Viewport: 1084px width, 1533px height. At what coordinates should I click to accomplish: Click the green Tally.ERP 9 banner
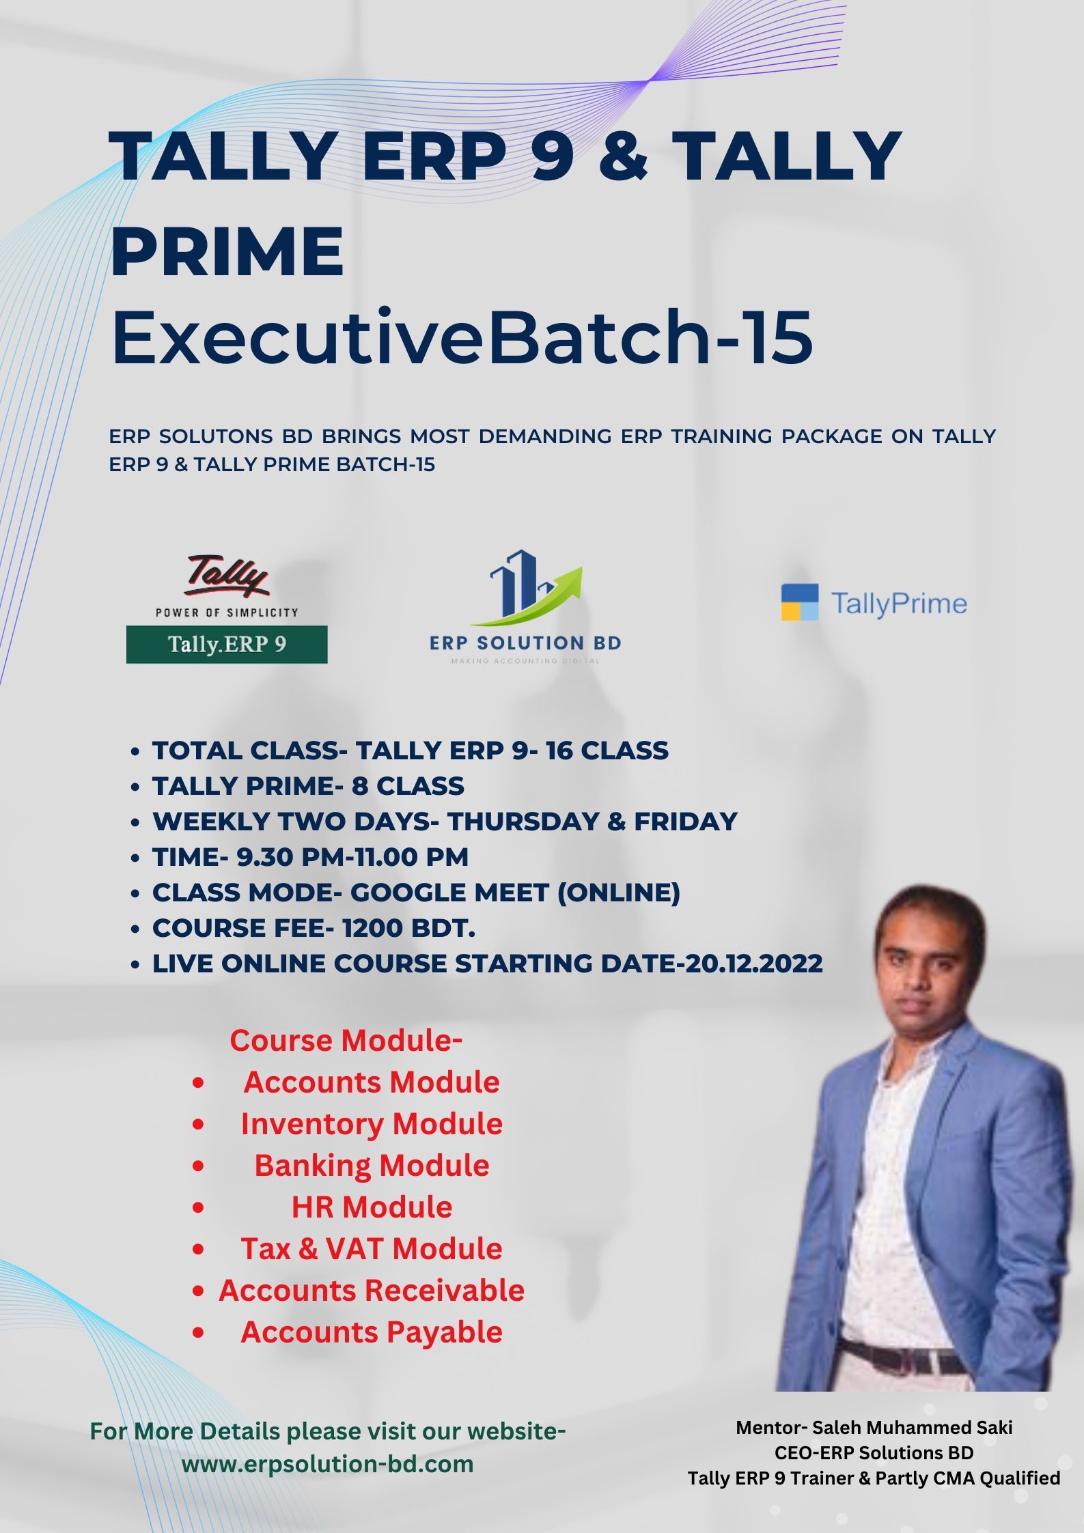[227, 644]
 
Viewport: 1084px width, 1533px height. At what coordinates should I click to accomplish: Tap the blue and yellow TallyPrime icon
[799, 602]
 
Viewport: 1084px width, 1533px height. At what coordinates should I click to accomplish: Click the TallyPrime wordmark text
[899, 604]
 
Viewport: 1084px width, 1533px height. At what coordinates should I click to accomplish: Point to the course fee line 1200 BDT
[314, 928]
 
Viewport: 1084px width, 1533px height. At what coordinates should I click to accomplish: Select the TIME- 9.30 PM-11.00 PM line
[311, 857]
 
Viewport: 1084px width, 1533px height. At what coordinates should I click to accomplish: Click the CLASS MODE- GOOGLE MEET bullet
[416, 892]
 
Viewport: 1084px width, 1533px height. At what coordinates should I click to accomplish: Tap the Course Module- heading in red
[346, 1040]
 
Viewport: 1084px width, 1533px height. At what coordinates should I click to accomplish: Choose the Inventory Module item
[372, 1123]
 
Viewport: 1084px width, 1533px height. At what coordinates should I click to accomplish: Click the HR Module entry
[372, 1207]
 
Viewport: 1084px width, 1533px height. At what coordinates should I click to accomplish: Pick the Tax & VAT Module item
[372, 1248]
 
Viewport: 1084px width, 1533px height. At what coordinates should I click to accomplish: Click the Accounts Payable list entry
[372, 1332]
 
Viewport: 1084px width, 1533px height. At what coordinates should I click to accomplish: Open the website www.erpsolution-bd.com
[328, 1463]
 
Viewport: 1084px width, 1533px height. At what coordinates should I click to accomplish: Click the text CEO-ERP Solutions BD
[874, 1452]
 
